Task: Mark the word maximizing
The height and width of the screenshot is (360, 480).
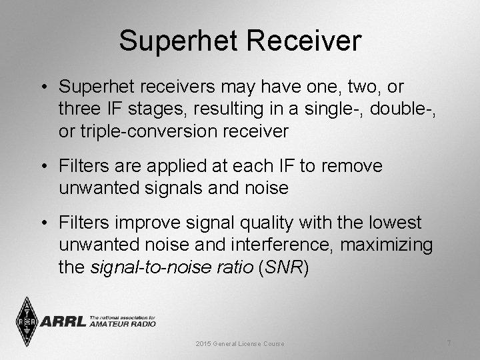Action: (387, 245)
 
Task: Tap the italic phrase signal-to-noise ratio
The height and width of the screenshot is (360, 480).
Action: (171, 267)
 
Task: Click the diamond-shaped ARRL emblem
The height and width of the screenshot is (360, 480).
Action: (27, 322)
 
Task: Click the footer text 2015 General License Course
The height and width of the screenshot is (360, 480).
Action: (239, 343)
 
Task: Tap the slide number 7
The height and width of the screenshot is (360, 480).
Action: (449, 343)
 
